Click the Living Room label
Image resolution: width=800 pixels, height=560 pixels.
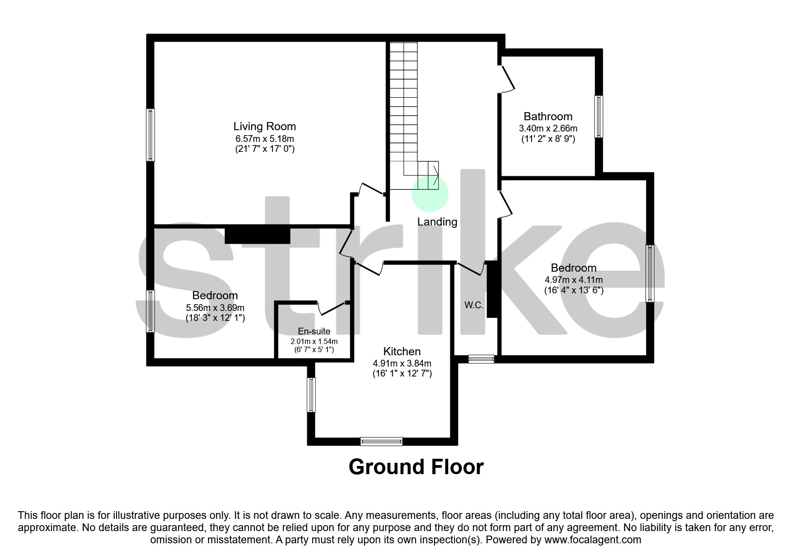pyautogui.click(x=264, y=126)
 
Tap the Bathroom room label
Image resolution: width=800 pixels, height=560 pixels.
pyautogui.click(x=548, y=116)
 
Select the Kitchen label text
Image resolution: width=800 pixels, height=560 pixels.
pyautogui.click(x=402, y=351)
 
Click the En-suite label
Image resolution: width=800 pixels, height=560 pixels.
pyautogui.click(x=314, y=331)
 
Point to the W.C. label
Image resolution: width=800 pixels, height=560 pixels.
pyautogui.click(x=474, y=305)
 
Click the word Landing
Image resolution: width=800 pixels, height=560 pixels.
pyautogui.click(x=437, y=222)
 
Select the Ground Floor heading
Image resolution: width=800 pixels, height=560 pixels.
pyautogui.click(x=416, y=467)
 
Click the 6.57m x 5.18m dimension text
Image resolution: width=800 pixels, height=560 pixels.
pyautogui.click(x=264, y=138)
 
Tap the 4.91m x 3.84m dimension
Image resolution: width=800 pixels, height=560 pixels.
pyautogui.click(x=402, y=363)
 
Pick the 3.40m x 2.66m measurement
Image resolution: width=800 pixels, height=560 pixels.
pyautogui.click(x=548, y=128)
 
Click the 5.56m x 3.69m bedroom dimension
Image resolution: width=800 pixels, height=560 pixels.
pyautogui.click(x=215, y=307)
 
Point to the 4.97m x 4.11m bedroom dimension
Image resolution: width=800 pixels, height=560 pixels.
pyautogui.click(x=574, y=280)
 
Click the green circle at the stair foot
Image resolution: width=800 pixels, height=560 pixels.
pyautogui.click(x=430, y=193)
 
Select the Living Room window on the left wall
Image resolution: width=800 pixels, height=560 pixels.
pyautogui.click(x=150, y=135)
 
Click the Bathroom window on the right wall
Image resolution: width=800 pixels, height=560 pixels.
pyautogui.click(x=599, y=116)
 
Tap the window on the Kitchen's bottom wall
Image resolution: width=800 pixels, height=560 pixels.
pyautogui.click(x=381, y=441)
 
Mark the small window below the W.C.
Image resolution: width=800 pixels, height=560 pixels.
pyautogui.click(x=481, y=359)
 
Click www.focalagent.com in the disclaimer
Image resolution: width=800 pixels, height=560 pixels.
pyautogui.click(x=593, y=540)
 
